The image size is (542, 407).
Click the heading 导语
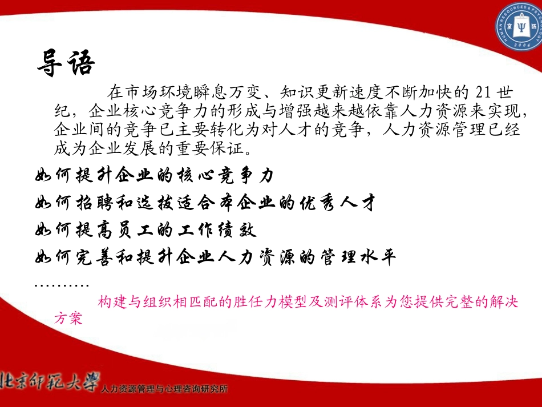[64, 63]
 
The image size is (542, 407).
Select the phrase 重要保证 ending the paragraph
[216, 148]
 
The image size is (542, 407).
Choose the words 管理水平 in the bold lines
[355, 257]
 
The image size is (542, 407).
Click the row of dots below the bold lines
[62, 284]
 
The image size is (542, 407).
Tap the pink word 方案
[68, 319]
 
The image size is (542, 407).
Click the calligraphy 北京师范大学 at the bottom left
[50, 381]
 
